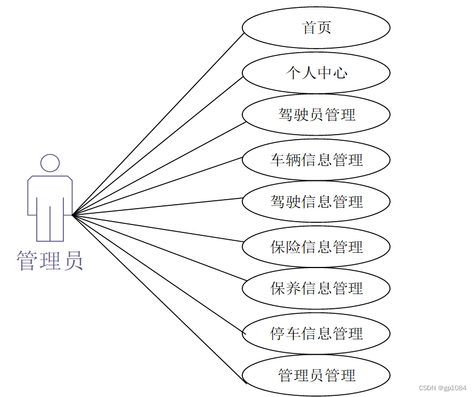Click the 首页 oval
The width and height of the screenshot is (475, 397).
tap(316, 27)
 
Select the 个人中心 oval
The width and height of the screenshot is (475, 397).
tap(316, 72)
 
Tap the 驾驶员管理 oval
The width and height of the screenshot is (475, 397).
tap(316, 115)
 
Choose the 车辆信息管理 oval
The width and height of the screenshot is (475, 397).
tap(316, 159)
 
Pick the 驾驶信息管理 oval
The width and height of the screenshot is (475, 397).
tap(316, 201)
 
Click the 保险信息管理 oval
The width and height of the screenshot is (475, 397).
tap(316, 247)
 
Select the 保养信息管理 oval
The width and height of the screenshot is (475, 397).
tap(316, 288)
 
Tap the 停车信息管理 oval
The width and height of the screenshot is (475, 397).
tap(316, 333)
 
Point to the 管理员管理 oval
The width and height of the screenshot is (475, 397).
tap(316, 375)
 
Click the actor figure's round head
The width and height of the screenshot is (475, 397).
tap(50, 163)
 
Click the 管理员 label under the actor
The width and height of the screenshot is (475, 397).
tap(50, 261)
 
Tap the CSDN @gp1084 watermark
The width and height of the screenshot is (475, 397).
tap(443, 388)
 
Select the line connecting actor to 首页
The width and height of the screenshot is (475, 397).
tap(159, 123)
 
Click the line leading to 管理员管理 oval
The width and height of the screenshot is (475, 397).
tap(159, 300)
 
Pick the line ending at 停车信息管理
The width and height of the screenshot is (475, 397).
tap(159, 275)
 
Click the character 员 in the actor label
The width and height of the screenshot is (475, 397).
tap(72, 261)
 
